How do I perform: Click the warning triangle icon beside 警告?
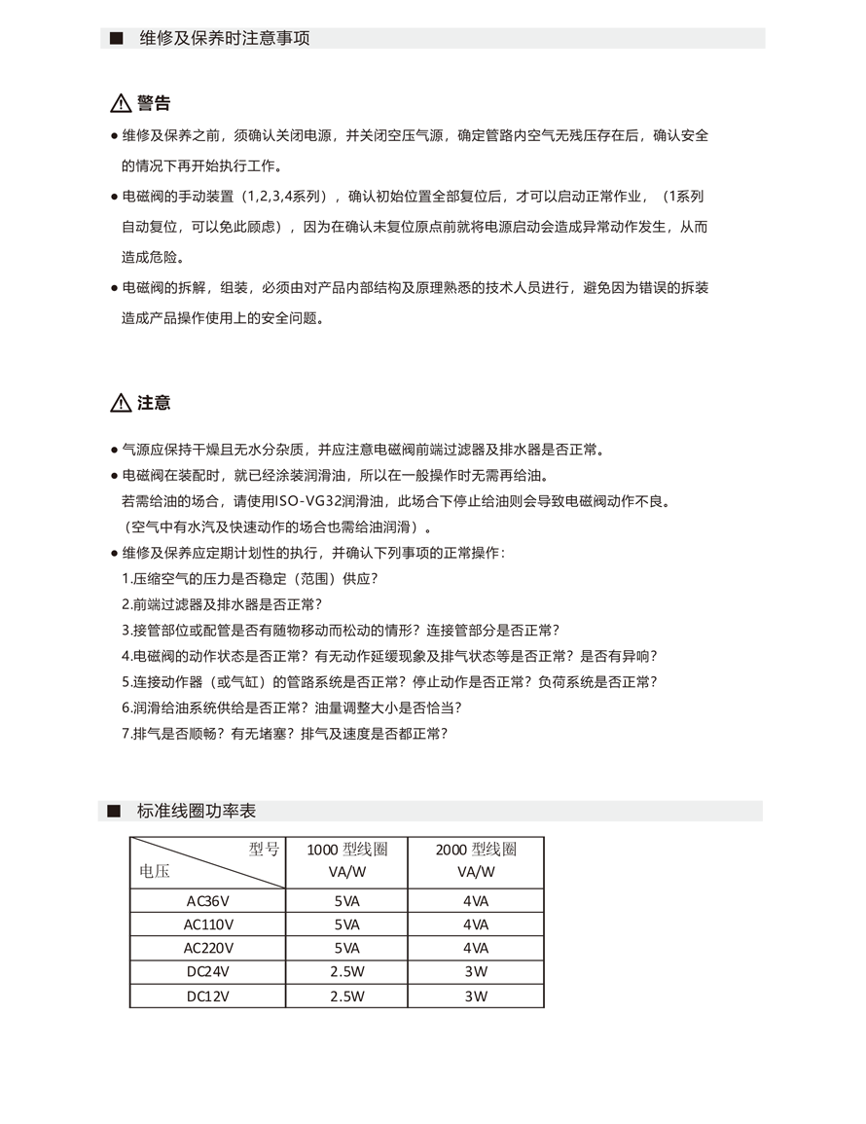point(120,104)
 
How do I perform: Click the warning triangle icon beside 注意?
point(120,403)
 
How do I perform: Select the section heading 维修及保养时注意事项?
point(225,39)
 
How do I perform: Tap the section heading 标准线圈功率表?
point(197,811)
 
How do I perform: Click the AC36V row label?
point(208,900)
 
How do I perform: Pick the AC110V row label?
point(208,925)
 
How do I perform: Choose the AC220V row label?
point(208,948)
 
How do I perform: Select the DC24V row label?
point(208,971)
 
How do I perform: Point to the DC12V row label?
point(208,996)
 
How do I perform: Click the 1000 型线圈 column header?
point(346,850)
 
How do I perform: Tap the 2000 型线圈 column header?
point(475,850)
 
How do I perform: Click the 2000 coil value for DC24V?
point(476,971)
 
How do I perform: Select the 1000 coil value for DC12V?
point(346,996)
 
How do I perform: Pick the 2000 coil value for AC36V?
point(476,900)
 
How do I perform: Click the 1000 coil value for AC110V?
point(346,925)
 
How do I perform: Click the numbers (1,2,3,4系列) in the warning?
point(286,197)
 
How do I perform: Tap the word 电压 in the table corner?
point(156,872)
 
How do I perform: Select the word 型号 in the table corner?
point(264,850)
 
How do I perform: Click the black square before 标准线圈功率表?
point(114,811)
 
